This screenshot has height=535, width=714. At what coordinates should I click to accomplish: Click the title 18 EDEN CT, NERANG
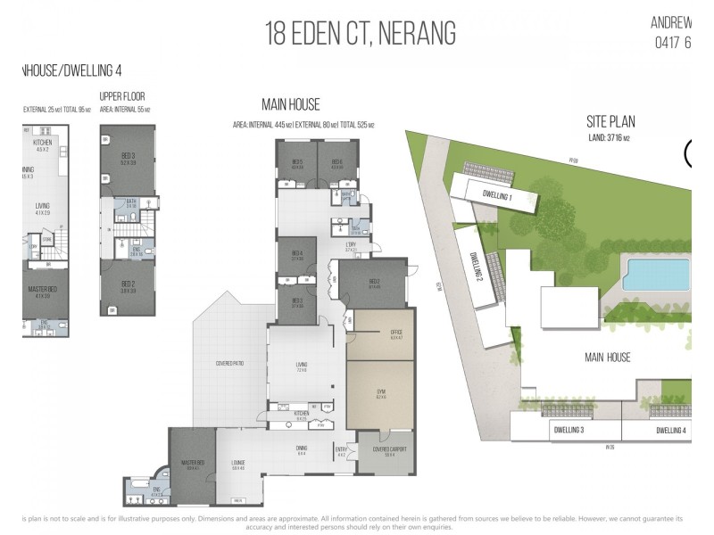(x=361, y=34)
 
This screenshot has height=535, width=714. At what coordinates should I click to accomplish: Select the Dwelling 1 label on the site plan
(x=496, y=195)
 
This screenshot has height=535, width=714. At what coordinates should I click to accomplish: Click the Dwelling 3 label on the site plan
(x=569, y=431)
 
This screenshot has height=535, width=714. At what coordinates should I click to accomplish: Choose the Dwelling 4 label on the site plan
(x=670, y=431)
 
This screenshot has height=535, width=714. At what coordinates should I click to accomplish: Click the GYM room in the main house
(x=380, y=393)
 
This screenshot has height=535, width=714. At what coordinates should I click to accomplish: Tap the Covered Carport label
(x=386, y=451)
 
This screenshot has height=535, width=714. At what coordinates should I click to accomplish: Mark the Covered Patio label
(x=231, y=364)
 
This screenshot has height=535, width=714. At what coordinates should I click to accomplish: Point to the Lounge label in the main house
(x=238, y=463)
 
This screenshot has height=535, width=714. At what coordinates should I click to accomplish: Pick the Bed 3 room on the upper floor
(x=127, y=161)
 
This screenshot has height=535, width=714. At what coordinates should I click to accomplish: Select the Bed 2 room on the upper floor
(x=128, y=288)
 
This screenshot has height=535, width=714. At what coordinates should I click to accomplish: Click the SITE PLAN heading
(x=610, y=123)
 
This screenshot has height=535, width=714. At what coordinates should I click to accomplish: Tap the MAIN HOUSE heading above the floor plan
(x=290, y=105)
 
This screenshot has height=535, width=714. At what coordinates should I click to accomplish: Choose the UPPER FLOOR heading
(x=121, y=96)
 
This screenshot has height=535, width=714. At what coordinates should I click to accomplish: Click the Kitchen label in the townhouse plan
(x=43, y=143)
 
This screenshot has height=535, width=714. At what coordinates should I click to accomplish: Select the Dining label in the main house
(x=301, y=450)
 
